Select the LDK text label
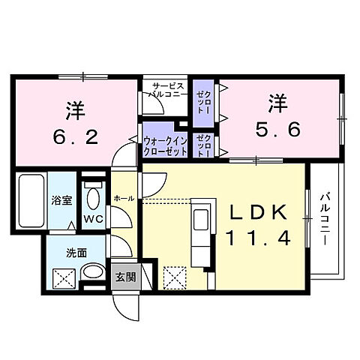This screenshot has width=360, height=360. coord(256,214)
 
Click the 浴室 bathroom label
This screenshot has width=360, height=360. coord(61,201)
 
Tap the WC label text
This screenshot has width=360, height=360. coord(93,220)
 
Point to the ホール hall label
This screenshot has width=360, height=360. coord(124,198)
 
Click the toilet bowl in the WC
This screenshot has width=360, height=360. coord(93,199)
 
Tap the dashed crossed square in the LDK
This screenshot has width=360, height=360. coord(175,278)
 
